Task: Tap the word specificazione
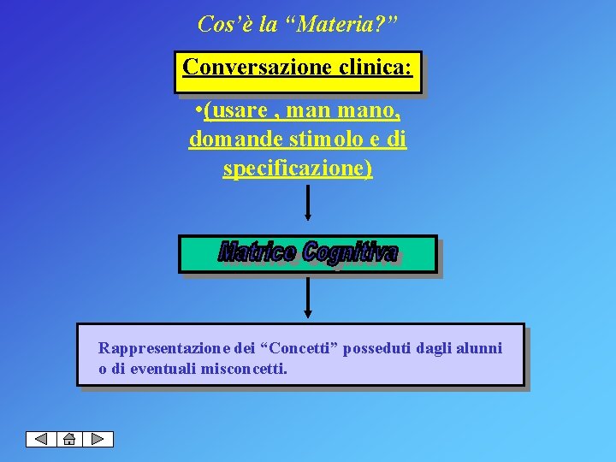(298, 168)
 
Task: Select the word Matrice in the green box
(259, 252)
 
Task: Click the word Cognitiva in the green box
(350, 252)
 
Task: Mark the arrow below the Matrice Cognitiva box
(308, 297)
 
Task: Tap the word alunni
(480, 348)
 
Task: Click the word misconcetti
(244, 369)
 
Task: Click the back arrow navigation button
(41, 439)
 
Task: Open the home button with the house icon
(69, 439)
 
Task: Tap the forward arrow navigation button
(98, 439)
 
